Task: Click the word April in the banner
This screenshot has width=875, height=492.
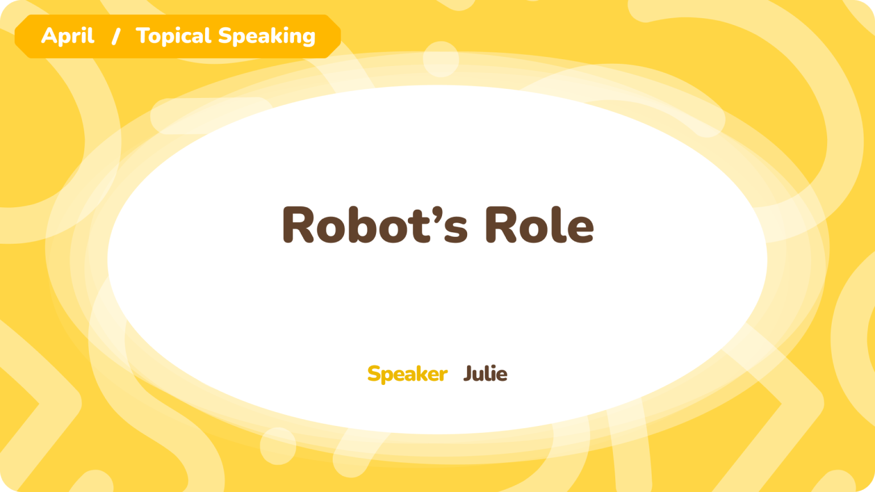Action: click(68, 36)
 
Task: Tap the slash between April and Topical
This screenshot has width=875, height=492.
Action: click(116, 36)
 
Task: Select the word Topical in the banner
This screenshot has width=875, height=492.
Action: click(173, 36)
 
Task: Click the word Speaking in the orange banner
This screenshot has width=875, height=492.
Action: click(267, 36)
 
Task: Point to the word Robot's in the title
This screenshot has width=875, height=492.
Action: click(375, 224)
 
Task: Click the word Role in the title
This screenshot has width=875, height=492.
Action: click(539, 224)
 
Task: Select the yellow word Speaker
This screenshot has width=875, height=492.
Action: click(407, 374)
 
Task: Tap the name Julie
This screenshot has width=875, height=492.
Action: click(485, 374)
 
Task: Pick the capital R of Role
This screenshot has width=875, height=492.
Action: click(501, 224)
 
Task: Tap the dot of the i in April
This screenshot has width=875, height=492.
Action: click(84, 28)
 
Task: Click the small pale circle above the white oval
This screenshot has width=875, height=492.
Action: click(440, 59)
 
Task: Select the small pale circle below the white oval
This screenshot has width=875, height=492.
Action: click(278, 446)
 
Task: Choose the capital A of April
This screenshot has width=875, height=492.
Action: click(50, 36)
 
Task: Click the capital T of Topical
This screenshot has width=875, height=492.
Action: click(144, 36)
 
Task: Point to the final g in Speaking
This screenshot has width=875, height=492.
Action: click(308, 39)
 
